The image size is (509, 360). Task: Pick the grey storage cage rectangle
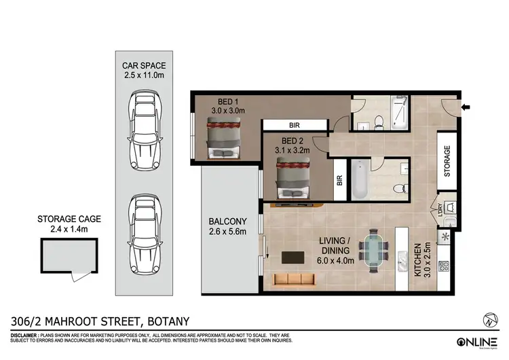(x=68, y=256)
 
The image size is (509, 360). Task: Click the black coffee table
(x=293, y=257)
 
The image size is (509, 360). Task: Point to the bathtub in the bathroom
(x=358, y=179)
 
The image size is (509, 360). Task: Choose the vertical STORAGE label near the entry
(x=447, y=162)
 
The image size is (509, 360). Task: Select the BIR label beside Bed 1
(x=295, y=126)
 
